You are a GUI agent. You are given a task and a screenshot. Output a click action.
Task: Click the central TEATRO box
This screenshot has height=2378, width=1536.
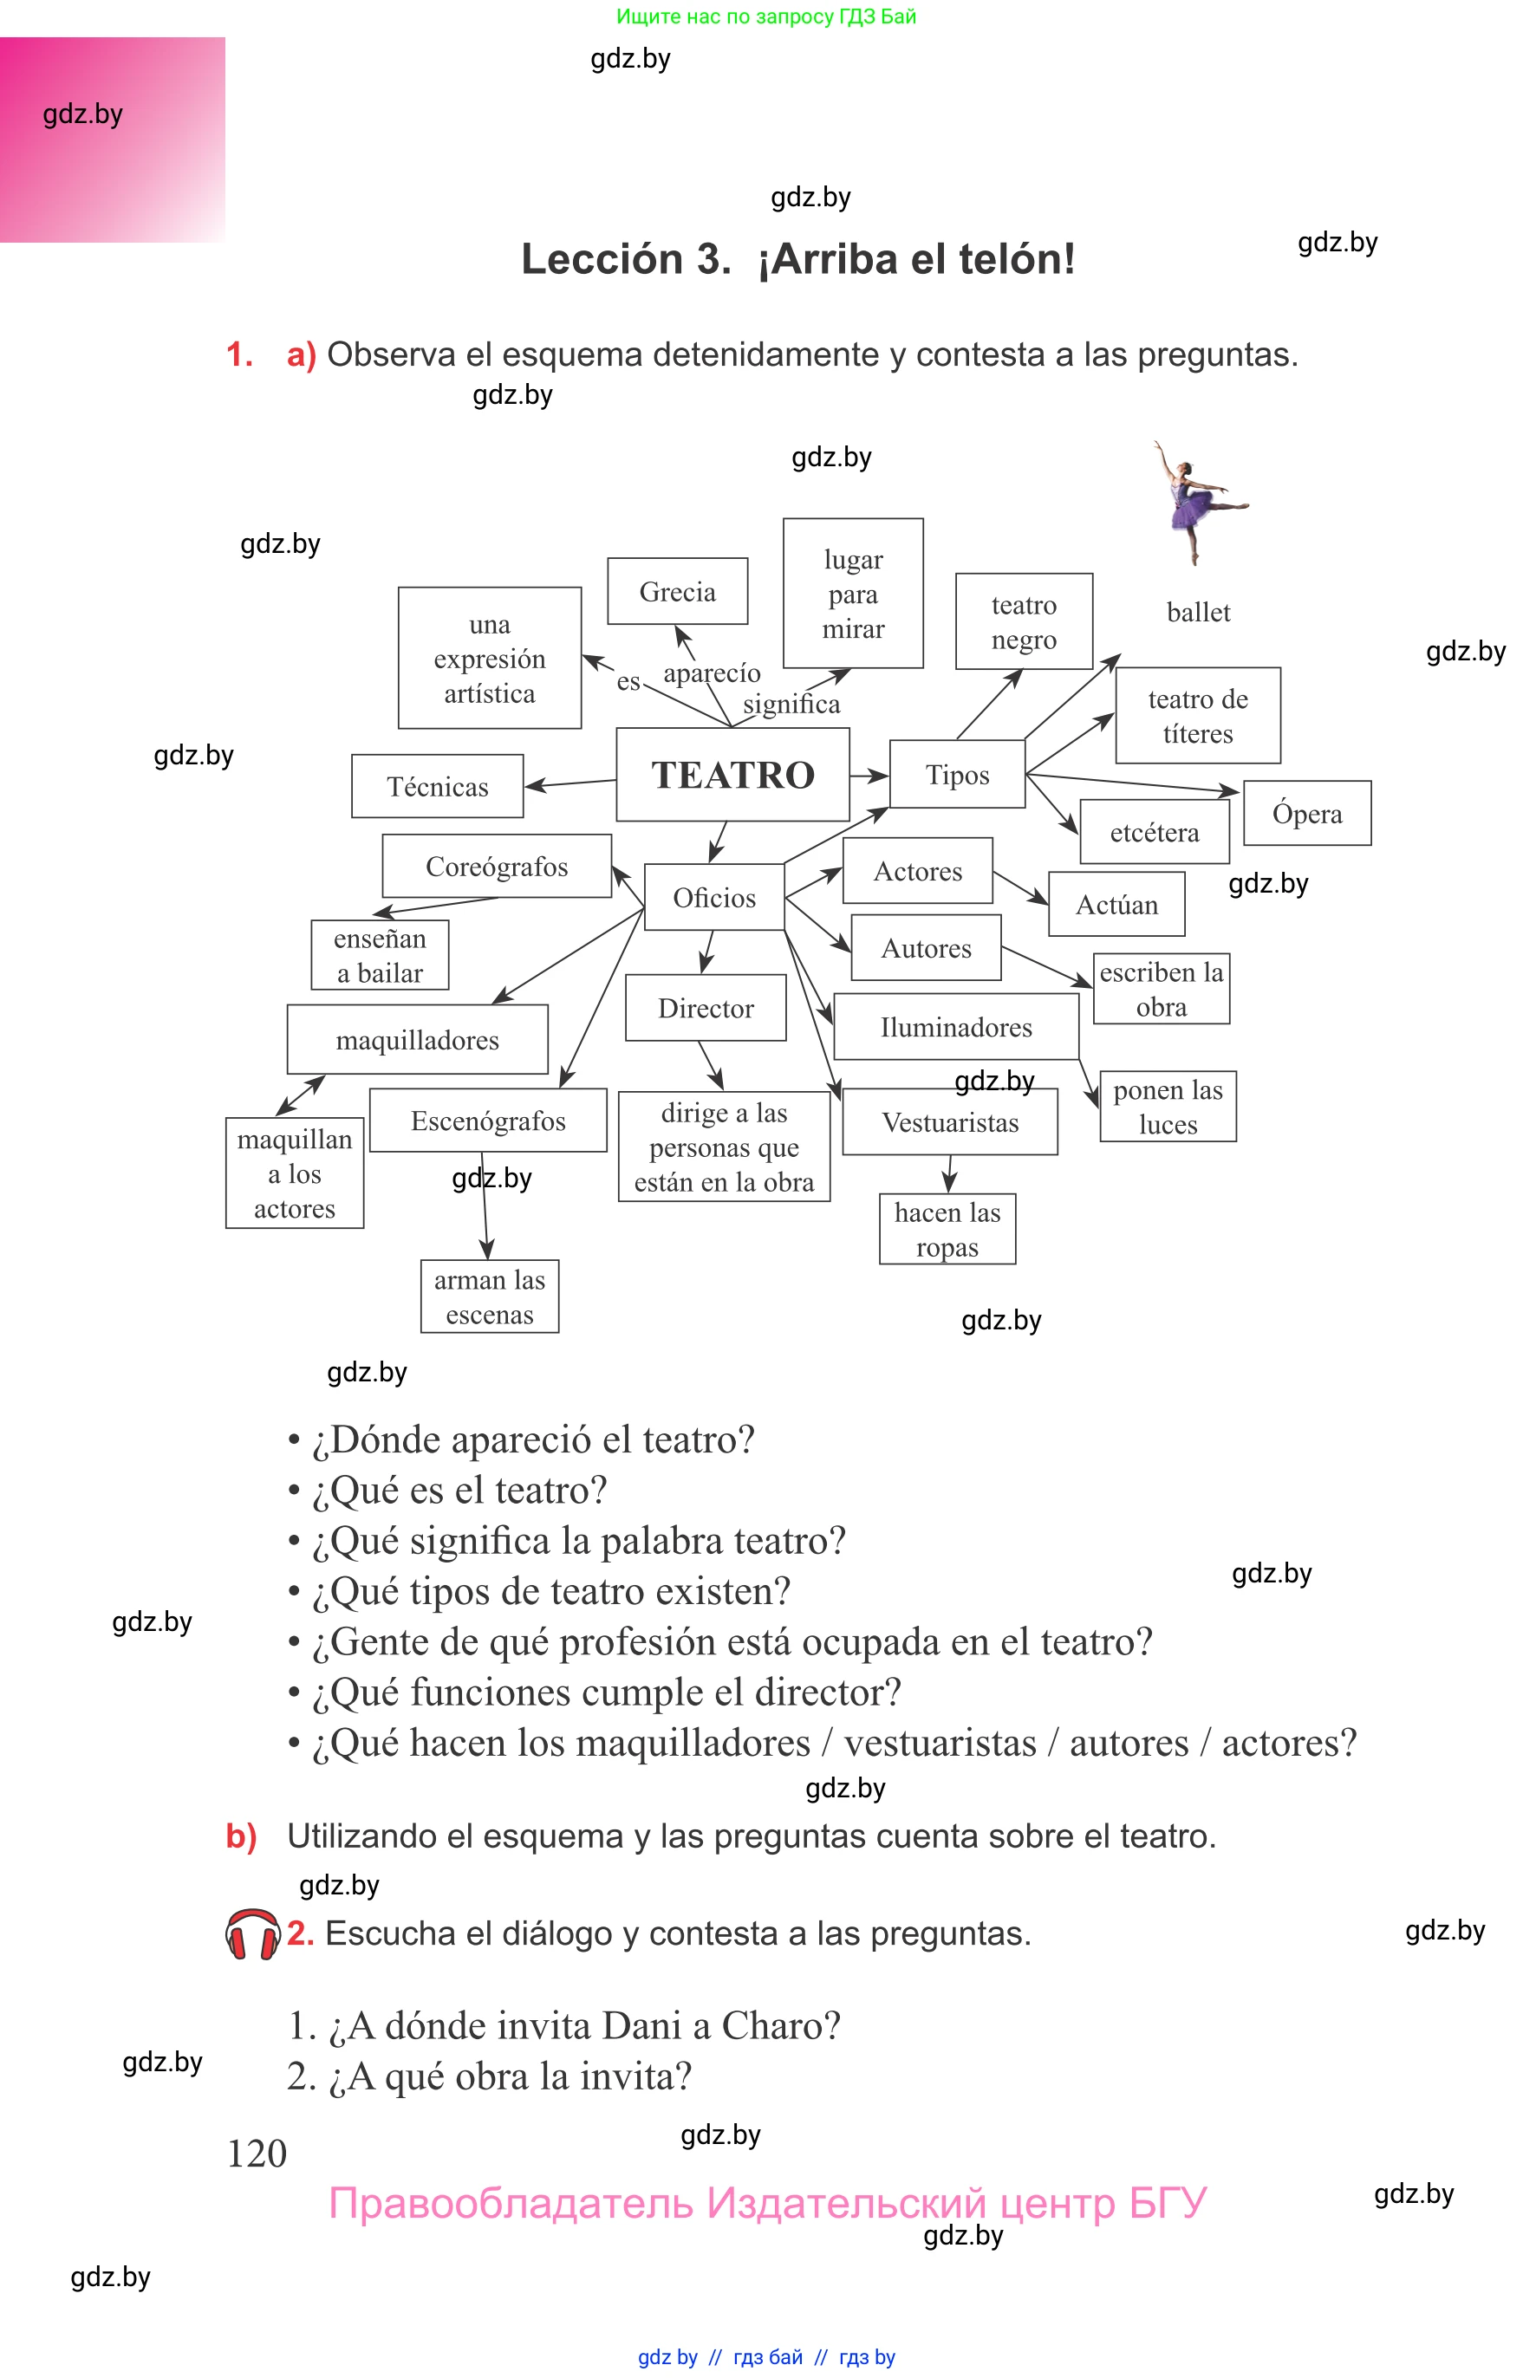click(x=733, y=775)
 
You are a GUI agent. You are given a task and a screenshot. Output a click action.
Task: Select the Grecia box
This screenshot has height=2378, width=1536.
click(x=677, y=591)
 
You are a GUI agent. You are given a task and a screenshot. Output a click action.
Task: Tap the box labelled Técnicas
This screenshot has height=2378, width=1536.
click(x=437, y=786)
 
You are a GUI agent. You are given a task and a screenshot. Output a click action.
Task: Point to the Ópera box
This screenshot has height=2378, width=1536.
click(x=1306, y=813)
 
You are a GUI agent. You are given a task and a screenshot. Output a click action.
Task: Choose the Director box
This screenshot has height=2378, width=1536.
click(x=706, y=1007)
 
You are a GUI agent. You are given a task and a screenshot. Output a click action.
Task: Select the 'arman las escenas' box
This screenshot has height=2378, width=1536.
click(x=489, y=1296)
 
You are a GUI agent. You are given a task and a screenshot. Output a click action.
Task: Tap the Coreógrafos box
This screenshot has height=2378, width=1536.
click(x=497, y=866)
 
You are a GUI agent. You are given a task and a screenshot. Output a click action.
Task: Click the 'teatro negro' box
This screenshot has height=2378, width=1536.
click(x=1024, y=621)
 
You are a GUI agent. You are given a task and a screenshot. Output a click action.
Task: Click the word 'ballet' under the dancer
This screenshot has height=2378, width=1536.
click(x=1198, y=611)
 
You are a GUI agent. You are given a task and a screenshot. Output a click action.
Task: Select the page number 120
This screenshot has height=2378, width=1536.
click(x=257, y=2153)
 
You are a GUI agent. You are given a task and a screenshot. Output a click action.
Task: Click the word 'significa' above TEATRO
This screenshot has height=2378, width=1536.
click(x=791, y=704)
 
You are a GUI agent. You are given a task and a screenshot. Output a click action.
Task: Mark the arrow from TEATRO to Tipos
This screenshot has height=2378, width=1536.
click(x=869, y=775)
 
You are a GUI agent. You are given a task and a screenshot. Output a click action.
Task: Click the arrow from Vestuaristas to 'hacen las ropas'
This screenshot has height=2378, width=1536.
click(x=949, y=1174)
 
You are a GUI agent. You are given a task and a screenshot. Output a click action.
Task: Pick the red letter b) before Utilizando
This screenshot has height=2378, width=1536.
click(x=241, y=1835)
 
